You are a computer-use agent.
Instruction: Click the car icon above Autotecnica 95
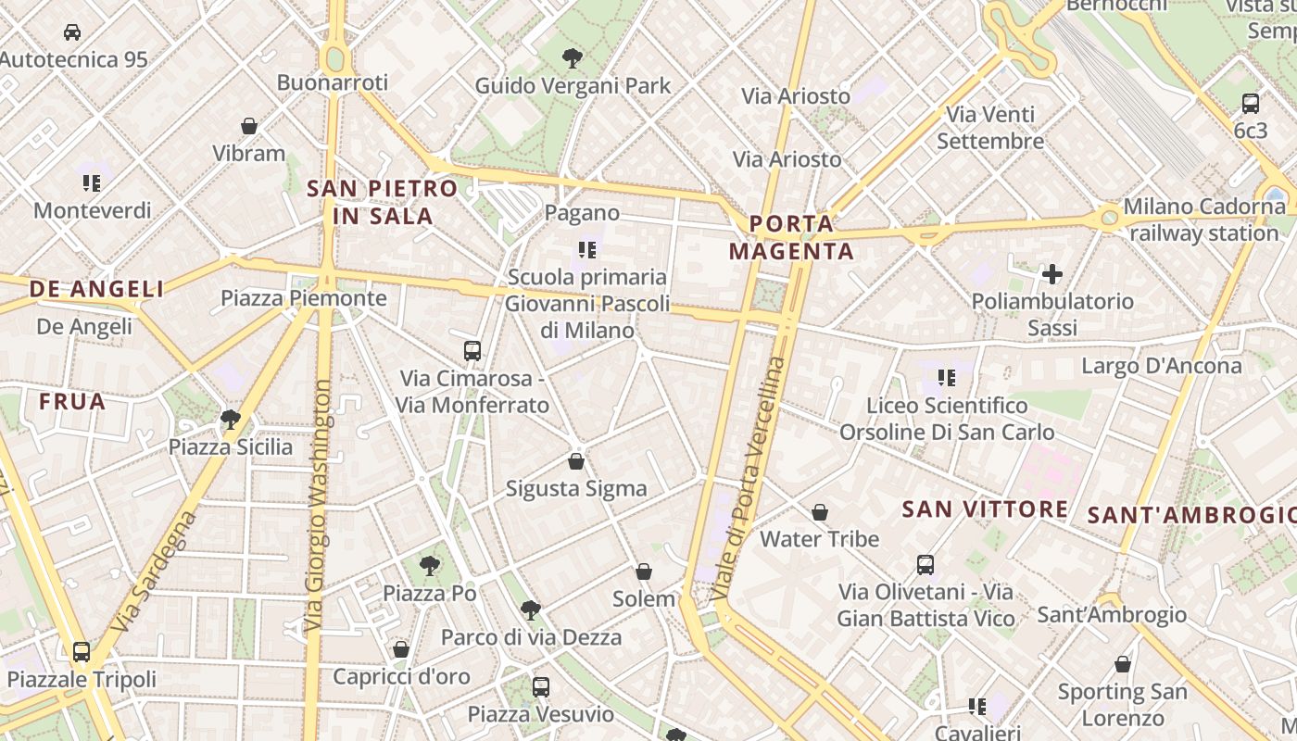click(71, 32)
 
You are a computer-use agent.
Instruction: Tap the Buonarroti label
click(332, 82)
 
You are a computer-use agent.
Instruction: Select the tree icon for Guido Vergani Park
click(573, 58)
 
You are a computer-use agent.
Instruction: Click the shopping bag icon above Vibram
click(248, 125)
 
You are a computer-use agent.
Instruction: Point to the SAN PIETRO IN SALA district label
click(382, 202)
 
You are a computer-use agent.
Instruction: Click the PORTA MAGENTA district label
click(791, 237)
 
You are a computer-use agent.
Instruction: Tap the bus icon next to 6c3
click(1250, 103)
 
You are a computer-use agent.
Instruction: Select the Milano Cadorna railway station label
click(1204, 220)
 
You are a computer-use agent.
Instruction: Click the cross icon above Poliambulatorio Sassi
click(1052, 273)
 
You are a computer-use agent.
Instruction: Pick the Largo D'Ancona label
click(1162, 366)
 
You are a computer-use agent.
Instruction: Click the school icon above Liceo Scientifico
click(946, 377)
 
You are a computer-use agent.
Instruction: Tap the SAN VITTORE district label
click(985, 509)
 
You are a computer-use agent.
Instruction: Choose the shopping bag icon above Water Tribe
click(820, 512)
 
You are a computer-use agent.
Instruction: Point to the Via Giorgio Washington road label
click(317, 505)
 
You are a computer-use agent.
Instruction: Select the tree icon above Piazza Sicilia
click(231, 420)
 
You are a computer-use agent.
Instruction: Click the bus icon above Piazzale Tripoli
click(82, 651)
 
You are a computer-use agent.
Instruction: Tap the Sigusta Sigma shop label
click(576, 489)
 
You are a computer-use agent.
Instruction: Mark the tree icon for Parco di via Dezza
click(530, 609)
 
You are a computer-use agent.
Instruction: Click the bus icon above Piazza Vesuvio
click(541, 687)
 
